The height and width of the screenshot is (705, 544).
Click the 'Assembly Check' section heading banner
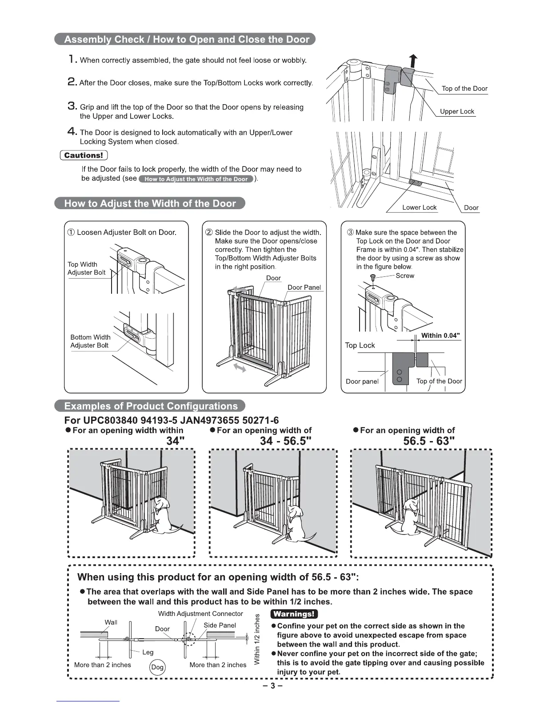(185, 39)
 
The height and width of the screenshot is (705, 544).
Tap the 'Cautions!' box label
(84, 155)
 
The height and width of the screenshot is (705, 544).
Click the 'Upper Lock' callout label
(457, 111)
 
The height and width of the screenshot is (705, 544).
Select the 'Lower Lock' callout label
(419, 207)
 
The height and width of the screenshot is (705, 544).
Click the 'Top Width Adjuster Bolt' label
(86, 268)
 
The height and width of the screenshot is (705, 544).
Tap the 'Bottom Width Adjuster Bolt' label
(90, 341)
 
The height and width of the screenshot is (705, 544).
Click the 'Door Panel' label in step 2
(304, 288)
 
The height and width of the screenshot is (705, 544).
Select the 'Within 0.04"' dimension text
(440, 336)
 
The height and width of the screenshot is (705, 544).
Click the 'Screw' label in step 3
(404, 276)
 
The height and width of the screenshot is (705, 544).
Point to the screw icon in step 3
(374, 277)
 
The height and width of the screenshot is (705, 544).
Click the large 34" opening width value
(175, 441)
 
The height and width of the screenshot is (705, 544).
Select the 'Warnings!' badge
(294, 614)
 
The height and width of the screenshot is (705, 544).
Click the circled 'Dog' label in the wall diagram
(157, 667)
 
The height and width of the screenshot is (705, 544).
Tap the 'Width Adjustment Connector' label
(200, 614)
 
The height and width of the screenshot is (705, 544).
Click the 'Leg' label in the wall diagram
(148, 652)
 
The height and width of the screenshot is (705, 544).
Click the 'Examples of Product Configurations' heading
(150, 406)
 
